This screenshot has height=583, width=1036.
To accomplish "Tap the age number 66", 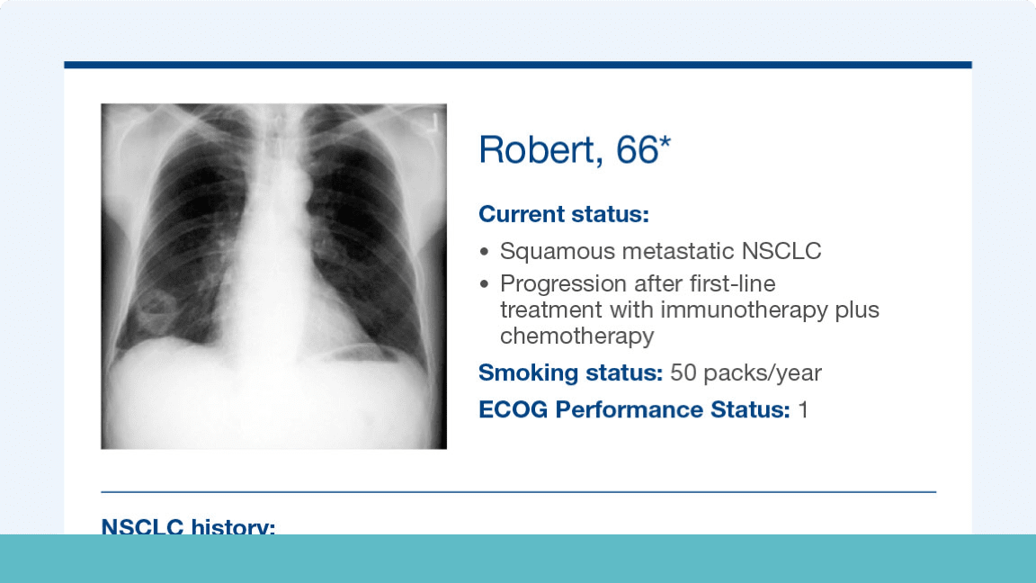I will pos(637,149).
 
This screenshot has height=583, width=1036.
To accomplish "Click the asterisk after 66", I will pos(665,144).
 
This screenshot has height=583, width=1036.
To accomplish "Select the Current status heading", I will pos(563,215).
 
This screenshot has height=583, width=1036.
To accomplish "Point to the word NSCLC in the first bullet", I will pos(787,251).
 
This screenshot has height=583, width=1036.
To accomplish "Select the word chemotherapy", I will pos(576,336).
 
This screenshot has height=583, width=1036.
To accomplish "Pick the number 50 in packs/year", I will pos(683,372).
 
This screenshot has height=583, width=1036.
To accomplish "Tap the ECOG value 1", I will pos(803,409).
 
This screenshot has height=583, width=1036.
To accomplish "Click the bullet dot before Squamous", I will pos(486,252).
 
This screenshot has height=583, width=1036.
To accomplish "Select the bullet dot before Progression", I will pos(486,284).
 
